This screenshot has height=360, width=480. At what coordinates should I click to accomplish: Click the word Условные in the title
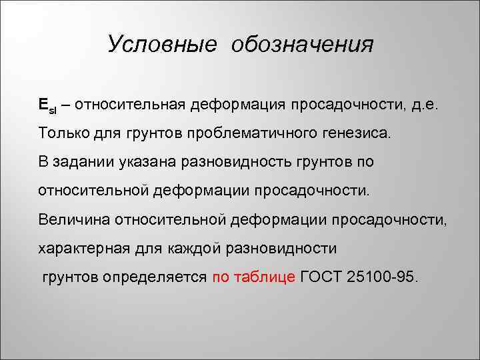pos(162,45)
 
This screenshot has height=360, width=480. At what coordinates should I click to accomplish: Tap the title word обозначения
pos(303,45)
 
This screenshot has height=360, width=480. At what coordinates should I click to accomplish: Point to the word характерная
pos(82,248)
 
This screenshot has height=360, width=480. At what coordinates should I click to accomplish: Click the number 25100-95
pos(384,277)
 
